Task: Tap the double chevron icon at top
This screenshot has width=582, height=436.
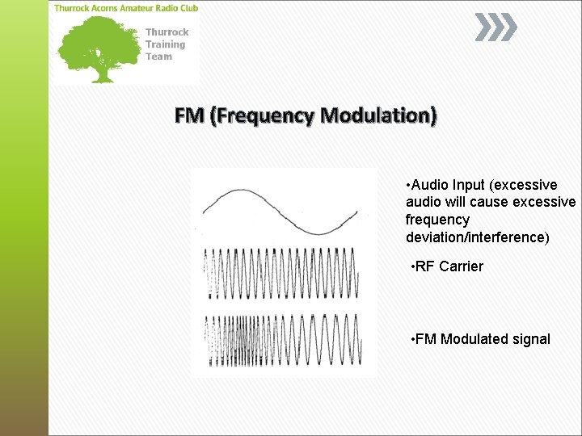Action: [x=495, y=28]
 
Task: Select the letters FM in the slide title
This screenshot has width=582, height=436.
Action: [x=189, y=116]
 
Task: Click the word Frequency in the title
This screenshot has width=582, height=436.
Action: [x=262, y=116]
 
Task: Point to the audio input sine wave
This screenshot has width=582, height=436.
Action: [x=280, y=212]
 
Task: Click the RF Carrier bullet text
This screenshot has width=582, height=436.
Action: [x=447, y=266]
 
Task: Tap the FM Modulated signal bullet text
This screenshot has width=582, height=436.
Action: [x=481, y=339]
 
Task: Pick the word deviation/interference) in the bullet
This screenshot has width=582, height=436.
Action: [x=477, y=237]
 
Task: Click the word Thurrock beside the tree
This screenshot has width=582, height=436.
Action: [x=167, y=32]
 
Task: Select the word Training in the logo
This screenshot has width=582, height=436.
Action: [x=165, y=44]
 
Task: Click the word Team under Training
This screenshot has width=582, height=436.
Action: [x=158, y=57]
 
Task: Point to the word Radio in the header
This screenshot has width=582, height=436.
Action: [x=162, y=8]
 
